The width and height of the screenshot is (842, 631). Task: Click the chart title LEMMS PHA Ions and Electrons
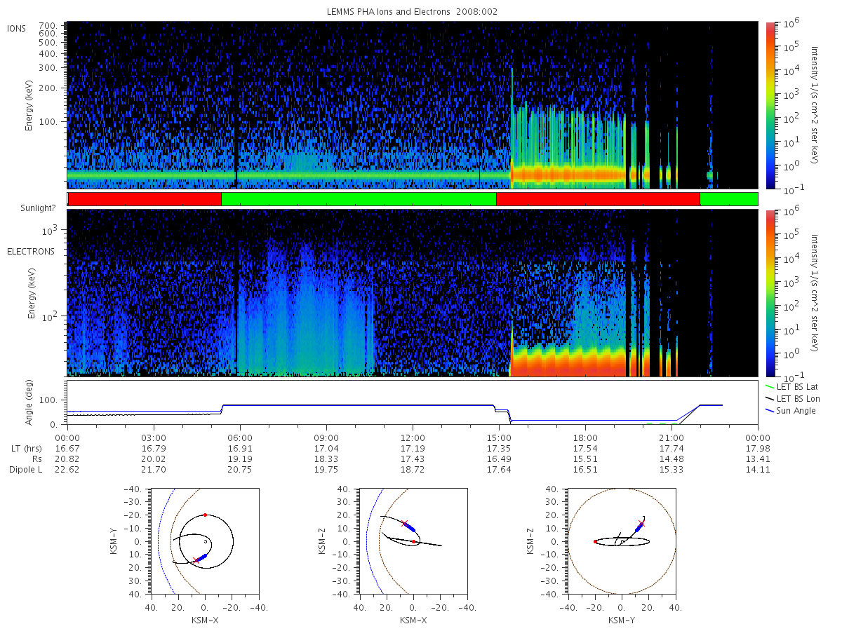click(x=388, y=12)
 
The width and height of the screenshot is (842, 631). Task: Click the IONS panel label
click(x=16, y=29)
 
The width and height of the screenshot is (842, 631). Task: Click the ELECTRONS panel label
click(x=31, y=251)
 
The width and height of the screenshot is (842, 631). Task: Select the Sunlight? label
click(x=38, y=208)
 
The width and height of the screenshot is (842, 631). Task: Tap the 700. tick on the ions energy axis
click(x=48, y=26)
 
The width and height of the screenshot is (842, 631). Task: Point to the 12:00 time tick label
click(x=413, y=438)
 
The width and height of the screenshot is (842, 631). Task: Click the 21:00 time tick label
click(x=671, y=438)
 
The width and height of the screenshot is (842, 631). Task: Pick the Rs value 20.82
click(x=67, y=459)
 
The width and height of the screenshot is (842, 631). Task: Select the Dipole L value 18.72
click(x=413, y=469)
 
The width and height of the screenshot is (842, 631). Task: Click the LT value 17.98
click(x=758, y=448)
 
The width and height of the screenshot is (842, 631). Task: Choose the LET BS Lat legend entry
click(x=791, y=387)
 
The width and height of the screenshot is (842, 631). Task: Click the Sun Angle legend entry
click(x=790, y=411)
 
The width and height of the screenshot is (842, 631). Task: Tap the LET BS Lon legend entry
click(x=792, y=399)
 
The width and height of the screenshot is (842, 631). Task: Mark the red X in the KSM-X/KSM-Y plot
click(x=196, y=560)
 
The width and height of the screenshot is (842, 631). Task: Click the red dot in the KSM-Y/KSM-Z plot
click(x=595, y=542)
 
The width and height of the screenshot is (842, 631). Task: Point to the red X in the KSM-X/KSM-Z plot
click(x=404, y=523)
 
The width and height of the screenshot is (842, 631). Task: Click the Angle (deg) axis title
click(x=29, y=402)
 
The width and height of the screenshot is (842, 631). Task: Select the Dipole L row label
click(x=26, y=470)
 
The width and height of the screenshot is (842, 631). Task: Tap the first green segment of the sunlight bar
click(x=359, y=199)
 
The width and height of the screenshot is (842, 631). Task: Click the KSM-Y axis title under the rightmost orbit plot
click(x=622, y=620)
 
